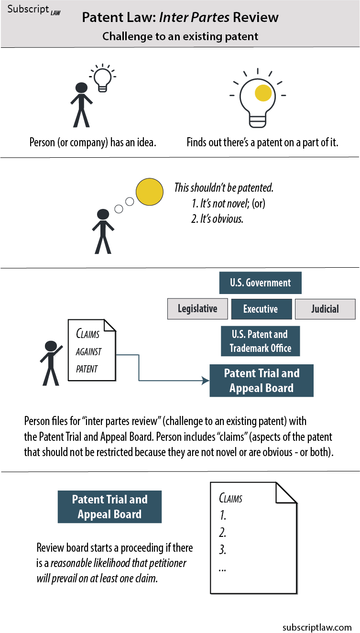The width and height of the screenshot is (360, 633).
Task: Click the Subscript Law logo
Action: (34, 10)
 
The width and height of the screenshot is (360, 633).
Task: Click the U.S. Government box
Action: (260, 283)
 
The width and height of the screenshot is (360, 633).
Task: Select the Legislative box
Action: (197, 309)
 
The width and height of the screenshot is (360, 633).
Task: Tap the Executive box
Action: (261, 309)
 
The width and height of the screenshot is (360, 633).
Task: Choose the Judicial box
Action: (325, 309)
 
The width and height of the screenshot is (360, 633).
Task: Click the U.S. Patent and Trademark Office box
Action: (260, 341)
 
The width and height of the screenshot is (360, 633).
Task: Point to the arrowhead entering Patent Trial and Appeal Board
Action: (206, 381)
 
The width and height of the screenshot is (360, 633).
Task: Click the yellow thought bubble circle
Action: (150, 191)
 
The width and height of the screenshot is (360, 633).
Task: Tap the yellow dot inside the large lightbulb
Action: (263, 93)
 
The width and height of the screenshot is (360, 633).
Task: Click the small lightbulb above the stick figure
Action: (101, 77)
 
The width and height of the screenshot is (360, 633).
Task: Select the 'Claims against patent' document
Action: (92, 350)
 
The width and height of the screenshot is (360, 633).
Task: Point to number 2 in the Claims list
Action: (222, 533)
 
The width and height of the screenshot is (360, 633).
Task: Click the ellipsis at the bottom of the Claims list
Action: (222, 568)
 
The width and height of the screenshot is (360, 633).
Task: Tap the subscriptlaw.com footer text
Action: (317, 627)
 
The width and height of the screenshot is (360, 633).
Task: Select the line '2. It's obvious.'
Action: (218, 220)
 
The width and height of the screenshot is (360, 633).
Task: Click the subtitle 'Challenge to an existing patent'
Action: (180, 36)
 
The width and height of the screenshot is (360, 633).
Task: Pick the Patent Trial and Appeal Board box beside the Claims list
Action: (109, 507)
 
